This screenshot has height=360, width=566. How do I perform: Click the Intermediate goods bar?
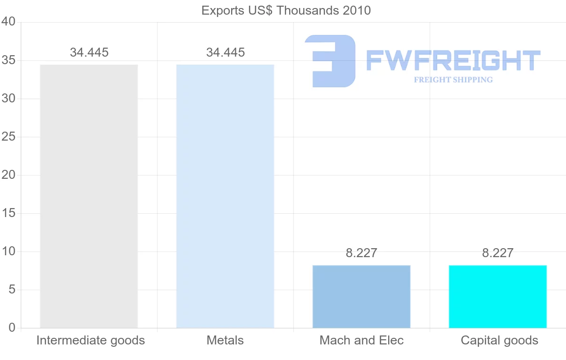pyautogui.click(x=89, y=196)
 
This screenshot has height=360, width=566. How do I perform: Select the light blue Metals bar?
pyautogui.click(x=225, y=196)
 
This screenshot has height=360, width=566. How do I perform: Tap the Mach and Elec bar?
pyautogui.click(x=361, y=296)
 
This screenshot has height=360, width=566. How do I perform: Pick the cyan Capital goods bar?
pyautogui.click(x=498, y=296)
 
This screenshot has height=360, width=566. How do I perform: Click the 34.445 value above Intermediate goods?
pyautogui.click(x=89, y=52)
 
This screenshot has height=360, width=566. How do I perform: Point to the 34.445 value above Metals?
pyautogui.click(x=225, y=52)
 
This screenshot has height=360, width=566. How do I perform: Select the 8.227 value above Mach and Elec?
pyautogui.click(x=361, y=253)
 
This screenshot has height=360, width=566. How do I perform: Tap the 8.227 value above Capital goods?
pyautogui.click(x=498, y=253)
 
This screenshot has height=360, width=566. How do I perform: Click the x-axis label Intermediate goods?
pyautogui.click(x=91, y=340)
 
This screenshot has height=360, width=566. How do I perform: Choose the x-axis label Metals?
pyautogui.click(x=225, y=340)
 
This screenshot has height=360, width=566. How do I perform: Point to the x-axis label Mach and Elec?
pyautogui.click(x=361, y=340)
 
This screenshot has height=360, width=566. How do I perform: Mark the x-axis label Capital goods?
pyautogui.click(x=499, y=340)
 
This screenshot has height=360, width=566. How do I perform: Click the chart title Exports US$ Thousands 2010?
pyautogui.click(x=286, y=10)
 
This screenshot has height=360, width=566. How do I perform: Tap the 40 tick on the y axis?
pyautogui.click(x=9, y=22)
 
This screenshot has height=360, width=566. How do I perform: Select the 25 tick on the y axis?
pyautogui.click(x=9, y=137)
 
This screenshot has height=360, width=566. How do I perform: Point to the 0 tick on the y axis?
pyautogui.click(x=12, y=328)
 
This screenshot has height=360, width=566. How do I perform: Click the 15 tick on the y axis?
pyautogui.click(x=9, y=213)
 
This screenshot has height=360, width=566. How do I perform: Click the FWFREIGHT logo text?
pyautogui.click(x=453, y=61)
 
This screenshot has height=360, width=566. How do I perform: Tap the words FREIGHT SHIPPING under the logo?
pyautogui.click(x=453, y=80)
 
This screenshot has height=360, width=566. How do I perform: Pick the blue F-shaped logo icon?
pyautogui.click(x=330, y=61)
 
